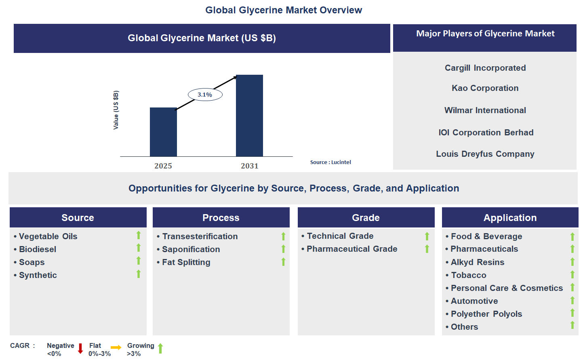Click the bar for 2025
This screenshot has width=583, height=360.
pos(163,132)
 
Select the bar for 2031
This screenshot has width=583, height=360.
pos(249,116)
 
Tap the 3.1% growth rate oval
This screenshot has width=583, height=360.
pos(205,95)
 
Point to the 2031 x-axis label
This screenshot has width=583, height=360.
pos(249,166)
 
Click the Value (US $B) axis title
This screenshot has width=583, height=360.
pos(116,110)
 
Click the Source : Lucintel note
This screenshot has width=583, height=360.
pos(330,162)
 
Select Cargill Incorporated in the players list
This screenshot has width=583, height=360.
pos(485,68)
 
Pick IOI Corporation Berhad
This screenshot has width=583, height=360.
pos(486,133)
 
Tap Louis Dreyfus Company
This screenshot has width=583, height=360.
pos(485,154)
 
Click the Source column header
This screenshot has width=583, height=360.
pos(78,218)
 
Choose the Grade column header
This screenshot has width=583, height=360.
pos(366,218)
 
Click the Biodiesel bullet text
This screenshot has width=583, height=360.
pos(38,249)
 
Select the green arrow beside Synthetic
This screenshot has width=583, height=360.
pos(139,274)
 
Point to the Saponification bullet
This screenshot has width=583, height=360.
pos(191,249)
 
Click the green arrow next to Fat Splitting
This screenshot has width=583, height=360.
pos(283,262)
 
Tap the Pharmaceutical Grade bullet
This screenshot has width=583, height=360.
pos(352,249)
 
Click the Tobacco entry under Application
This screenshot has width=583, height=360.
pos(468,275)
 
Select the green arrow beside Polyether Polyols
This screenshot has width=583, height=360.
pos(572,313)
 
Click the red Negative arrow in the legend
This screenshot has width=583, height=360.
pos(80,348)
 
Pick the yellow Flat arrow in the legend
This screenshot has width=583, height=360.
pos(116,347)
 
